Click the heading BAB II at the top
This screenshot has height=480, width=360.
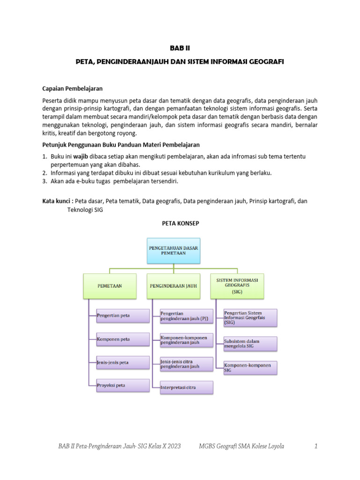pos(180,48)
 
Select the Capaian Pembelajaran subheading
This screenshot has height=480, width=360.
pos(72,88)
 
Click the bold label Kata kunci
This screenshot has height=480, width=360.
pos(58,201)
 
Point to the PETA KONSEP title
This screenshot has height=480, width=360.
pos(180,224)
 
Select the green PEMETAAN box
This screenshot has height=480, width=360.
pos(110,285)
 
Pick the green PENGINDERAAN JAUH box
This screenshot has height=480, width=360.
pos(173,285)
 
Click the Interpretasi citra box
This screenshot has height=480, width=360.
pos(186,388)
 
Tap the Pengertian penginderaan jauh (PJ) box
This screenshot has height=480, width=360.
pos(186,316)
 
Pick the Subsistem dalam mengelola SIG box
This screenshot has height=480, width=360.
pos(250,344)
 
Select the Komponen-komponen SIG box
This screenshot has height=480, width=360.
pos(250,367)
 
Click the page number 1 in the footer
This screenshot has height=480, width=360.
pos(316,446)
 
